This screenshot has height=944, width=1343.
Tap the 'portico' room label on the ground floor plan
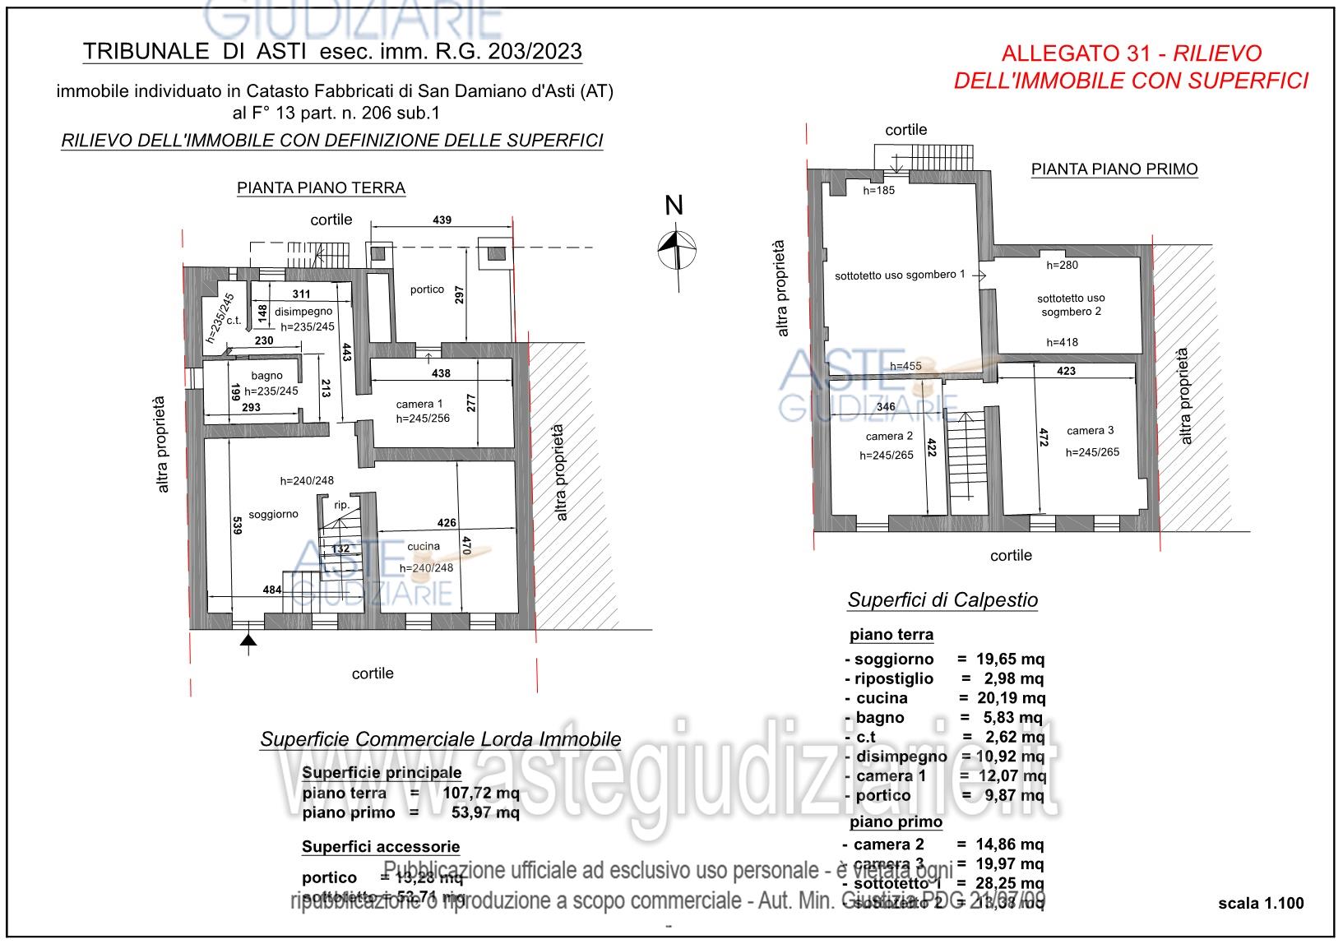pos(427,289)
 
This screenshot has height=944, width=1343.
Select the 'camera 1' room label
pos(419,404)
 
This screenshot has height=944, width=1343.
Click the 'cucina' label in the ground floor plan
pos(424,546)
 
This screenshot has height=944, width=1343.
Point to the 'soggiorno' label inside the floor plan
pos(273,514)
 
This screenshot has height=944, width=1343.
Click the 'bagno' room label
pos(266,376)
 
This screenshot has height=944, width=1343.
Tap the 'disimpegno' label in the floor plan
pos(303,312)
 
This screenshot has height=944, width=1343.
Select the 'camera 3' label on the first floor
pos(1090,430)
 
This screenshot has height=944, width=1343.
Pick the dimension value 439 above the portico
pos(442,220)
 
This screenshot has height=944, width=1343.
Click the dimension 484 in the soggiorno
pos(272,589)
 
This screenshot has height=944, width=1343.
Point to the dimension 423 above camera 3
pos(1065,371)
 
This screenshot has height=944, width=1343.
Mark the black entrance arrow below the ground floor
pos(249,640)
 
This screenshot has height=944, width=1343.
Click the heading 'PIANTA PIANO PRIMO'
pos(1114,169)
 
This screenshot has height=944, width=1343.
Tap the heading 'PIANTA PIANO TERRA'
pos(321,188)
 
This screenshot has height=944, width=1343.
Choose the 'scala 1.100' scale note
pos(1261,904)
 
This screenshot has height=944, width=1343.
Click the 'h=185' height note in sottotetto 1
pos(878,190)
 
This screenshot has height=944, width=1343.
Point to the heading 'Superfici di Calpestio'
pos(942,600)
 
